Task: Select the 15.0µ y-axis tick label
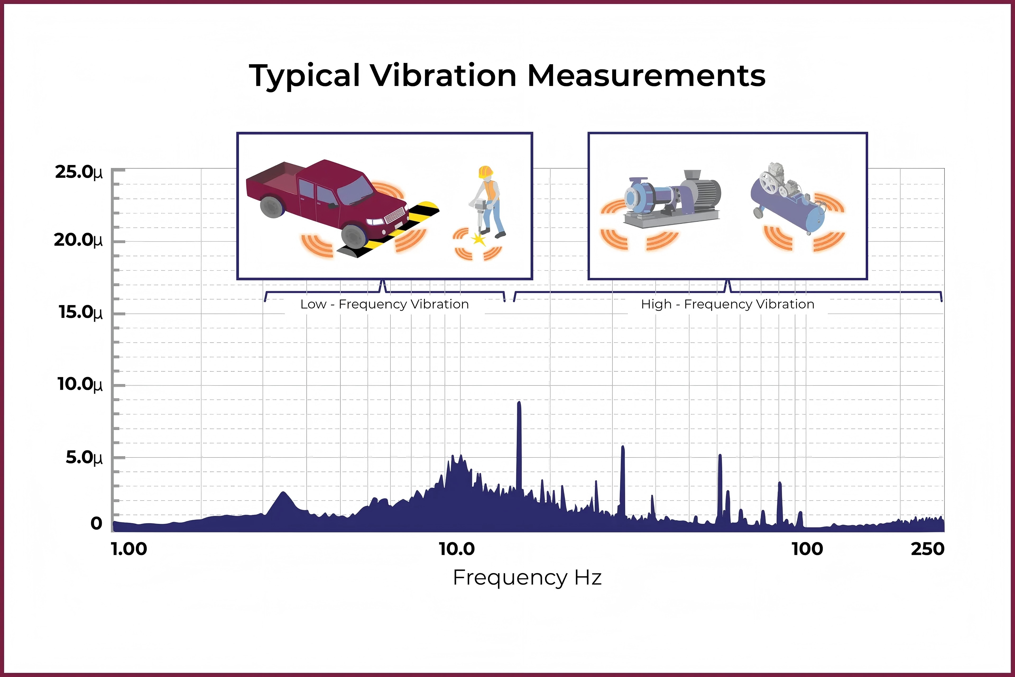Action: pyautogui.click(x=81, y=312)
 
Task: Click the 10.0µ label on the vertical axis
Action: pyautogui.click(x=80, y=384)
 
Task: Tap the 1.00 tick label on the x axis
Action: pyautogui.click(x=129, y=549)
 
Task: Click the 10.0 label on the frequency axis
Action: pyautogui.click(x=456, y=549)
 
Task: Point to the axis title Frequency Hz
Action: pyautogui.click(x=527, y=578)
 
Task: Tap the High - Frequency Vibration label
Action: pyautogui.click(x=728, y=304)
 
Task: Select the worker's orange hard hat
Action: pyautogui.click(x=486, y=171)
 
